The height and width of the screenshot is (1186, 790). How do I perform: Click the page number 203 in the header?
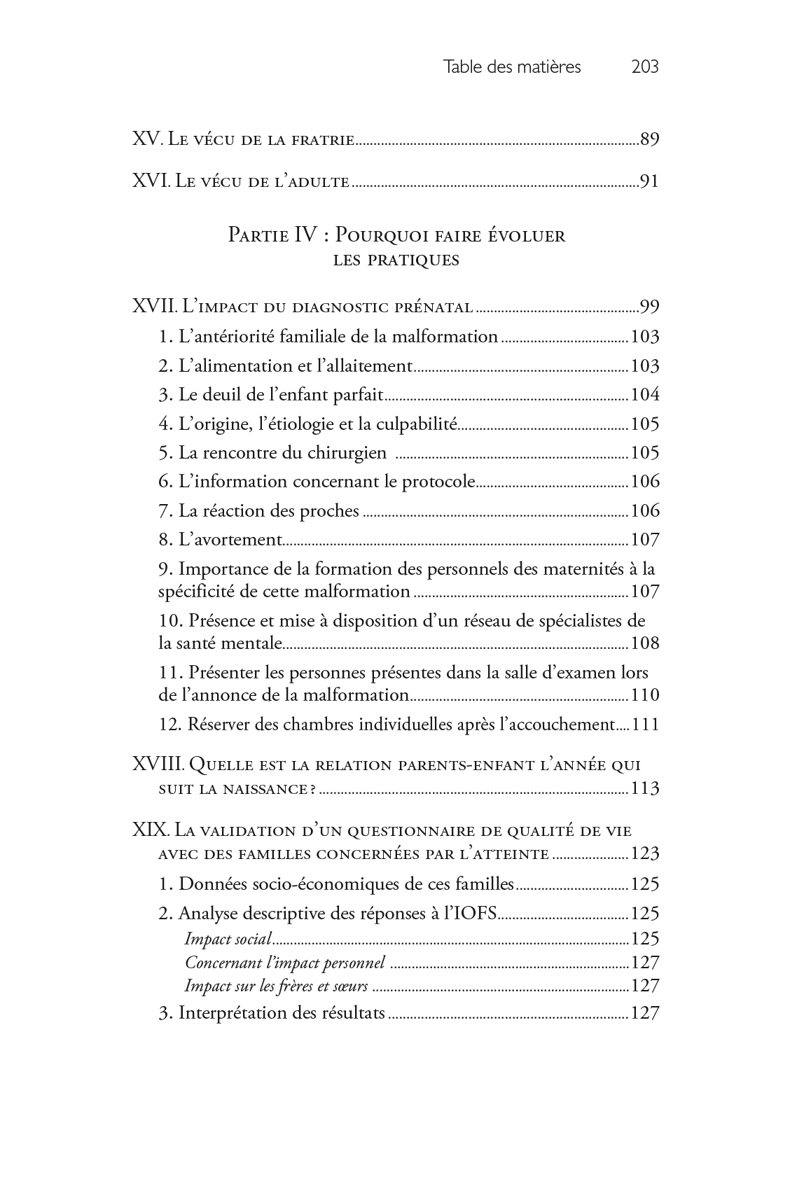tap(644, 67)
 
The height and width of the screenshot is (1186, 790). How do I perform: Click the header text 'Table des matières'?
tap(512, 67)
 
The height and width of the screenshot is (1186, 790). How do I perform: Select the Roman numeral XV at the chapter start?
tap(147, 139)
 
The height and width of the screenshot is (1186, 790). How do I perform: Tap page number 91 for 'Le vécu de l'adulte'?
tap(649, 183)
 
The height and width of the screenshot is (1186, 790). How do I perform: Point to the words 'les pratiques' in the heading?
tap(396, 261)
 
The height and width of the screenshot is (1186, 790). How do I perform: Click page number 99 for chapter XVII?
tap(649, 307)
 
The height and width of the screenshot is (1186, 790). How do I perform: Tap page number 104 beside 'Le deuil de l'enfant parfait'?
tap(645, 395)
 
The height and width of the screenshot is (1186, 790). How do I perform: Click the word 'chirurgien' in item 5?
tap(347, 453)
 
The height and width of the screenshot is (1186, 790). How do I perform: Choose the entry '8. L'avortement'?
tap(220, 540)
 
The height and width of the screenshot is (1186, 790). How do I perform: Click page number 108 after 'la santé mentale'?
tap(645, 643)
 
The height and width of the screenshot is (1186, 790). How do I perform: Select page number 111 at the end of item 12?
tap(645, 724)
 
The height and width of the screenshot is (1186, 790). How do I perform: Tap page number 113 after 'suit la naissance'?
tap(645, 789)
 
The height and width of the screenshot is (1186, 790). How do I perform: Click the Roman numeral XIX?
tap(150, 831)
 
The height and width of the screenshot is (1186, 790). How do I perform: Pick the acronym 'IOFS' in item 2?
tap(476, 914)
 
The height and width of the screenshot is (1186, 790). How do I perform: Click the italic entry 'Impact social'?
tap(228, 939)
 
